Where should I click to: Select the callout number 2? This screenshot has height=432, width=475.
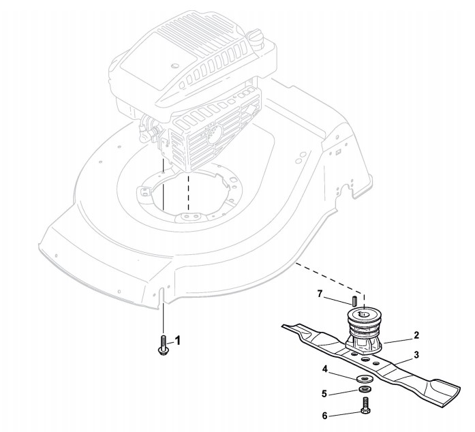[x=416, y=335]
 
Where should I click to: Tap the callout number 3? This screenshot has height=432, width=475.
[x=416, y=356]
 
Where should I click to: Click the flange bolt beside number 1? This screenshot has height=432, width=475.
[x=164, y=344]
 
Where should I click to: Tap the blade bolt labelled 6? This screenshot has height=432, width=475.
[x=366, y=407]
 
